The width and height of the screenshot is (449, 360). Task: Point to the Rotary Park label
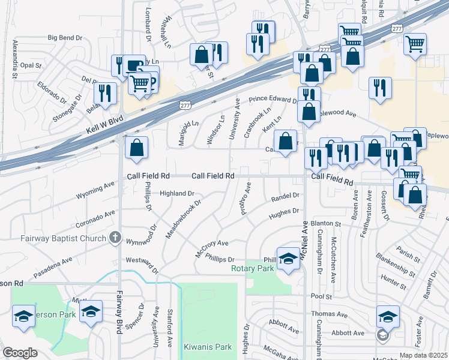click(x=252, y=268)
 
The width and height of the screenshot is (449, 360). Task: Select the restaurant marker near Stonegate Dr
click(x=104, y=94)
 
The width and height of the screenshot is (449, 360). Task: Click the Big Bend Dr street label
click(x=65, y=38)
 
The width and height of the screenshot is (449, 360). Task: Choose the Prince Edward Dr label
click(x=274, y=100)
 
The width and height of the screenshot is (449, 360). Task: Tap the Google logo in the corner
click(x=19, y=353)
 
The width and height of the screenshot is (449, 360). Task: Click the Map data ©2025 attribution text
click(x=423, y=355)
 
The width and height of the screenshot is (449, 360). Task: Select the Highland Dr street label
click(x=178, y=194)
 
